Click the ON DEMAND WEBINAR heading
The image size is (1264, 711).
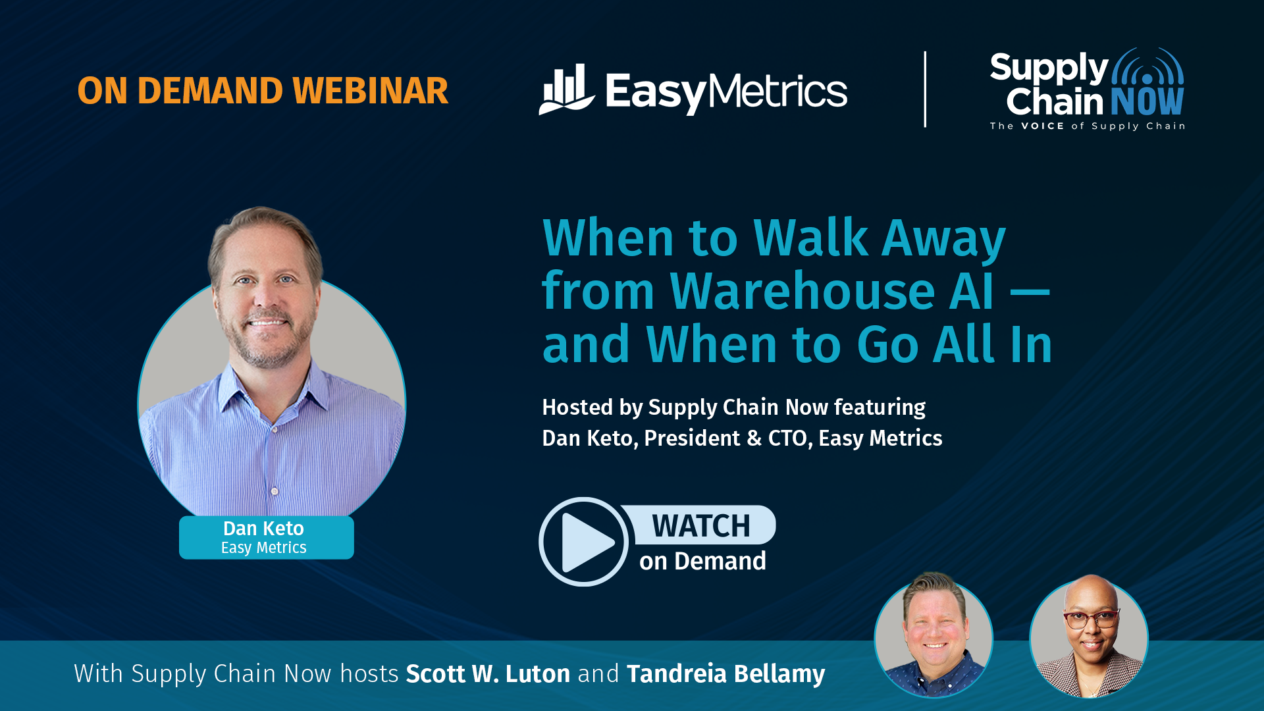(263, 91)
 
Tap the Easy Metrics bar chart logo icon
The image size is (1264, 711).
(566, 90)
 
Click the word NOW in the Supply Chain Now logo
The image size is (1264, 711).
(1147, 101)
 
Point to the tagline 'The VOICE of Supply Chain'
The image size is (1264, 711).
(1088, 126)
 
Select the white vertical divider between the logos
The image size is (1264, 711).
(925, 89)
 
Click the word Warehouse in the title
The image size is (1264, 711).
(803, 291)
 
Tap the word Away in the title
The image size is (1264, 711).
(944, 238)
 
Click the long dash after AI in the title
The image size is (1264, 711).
(1030, 293)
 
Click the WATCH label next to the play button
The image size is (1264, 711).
(701, 526)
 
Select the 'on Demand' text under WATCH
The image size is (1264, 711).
(702, 562)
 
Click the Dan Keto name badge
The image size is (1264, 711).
(266, 537)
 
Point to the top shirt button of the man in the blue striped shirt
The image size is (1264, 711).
(275, 491)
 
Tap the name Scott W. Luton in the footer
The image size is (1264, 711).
(488, 674)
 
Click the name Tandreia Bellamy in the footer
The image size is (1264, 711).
(725, 674)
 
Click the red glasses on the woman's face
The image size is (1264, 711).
(1091, 619)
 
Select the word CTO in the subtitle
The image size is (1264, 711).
(788, 438)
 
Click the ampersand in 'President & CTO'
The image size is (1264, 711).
(754, 438)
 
